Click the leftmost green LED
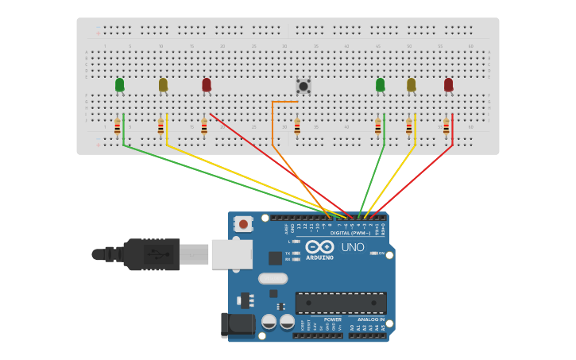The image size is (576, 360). click(119, 84)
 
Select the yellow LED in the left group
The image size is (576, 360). click(163, 84)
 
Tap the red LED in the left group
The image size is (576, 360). click(207, 84)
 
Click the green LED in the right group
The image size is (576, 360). click(380, 84)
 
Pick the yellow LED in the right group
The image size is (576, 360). click(411, 84)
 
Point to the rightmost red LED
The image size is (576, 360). click(448, 84)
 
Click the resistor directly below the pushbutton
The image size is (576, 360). click(297, 126)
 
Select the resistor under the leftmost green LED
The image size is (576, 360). click(118, 126)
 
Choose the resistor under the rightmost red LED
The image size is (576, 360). click(446, 126)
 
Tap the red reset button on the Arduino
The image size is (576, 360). click(243, 225)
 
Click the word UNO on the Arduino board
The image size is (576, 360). click(352, 247)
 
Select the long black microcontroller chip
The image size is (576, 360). click(341, 303)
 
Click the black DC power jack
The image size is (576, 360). click(237, 324)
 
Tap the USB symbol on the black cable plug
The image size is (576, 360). click(157, 255)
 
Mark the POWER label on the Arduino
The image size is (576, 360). click(333, 319)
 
